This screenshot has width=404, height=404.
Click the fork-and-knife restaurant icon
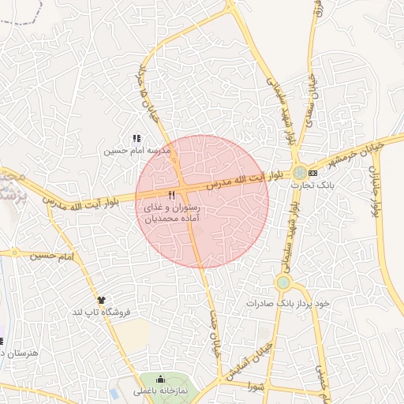pyautogui.click(x=171, y=194)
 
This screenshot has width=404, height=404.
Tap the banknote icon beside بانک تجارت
pyautogui.click(x=314, y=172)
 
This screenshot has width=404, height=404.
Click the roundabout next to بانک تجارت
pyautogui.click(x=300, y=173)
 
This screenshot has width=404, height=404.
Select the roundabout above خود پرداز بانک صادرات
pyautogui.click(x=283, y=282)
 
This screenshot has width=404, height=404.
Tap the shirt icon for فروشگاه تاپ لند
pyautogui.click(x=100, y=300)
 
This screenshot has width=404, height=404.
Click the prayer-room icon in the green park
pyautogui.click(x=162, y=379)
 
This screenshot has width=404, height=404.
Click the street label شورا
pyautogui.click(x=254, y=387)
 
